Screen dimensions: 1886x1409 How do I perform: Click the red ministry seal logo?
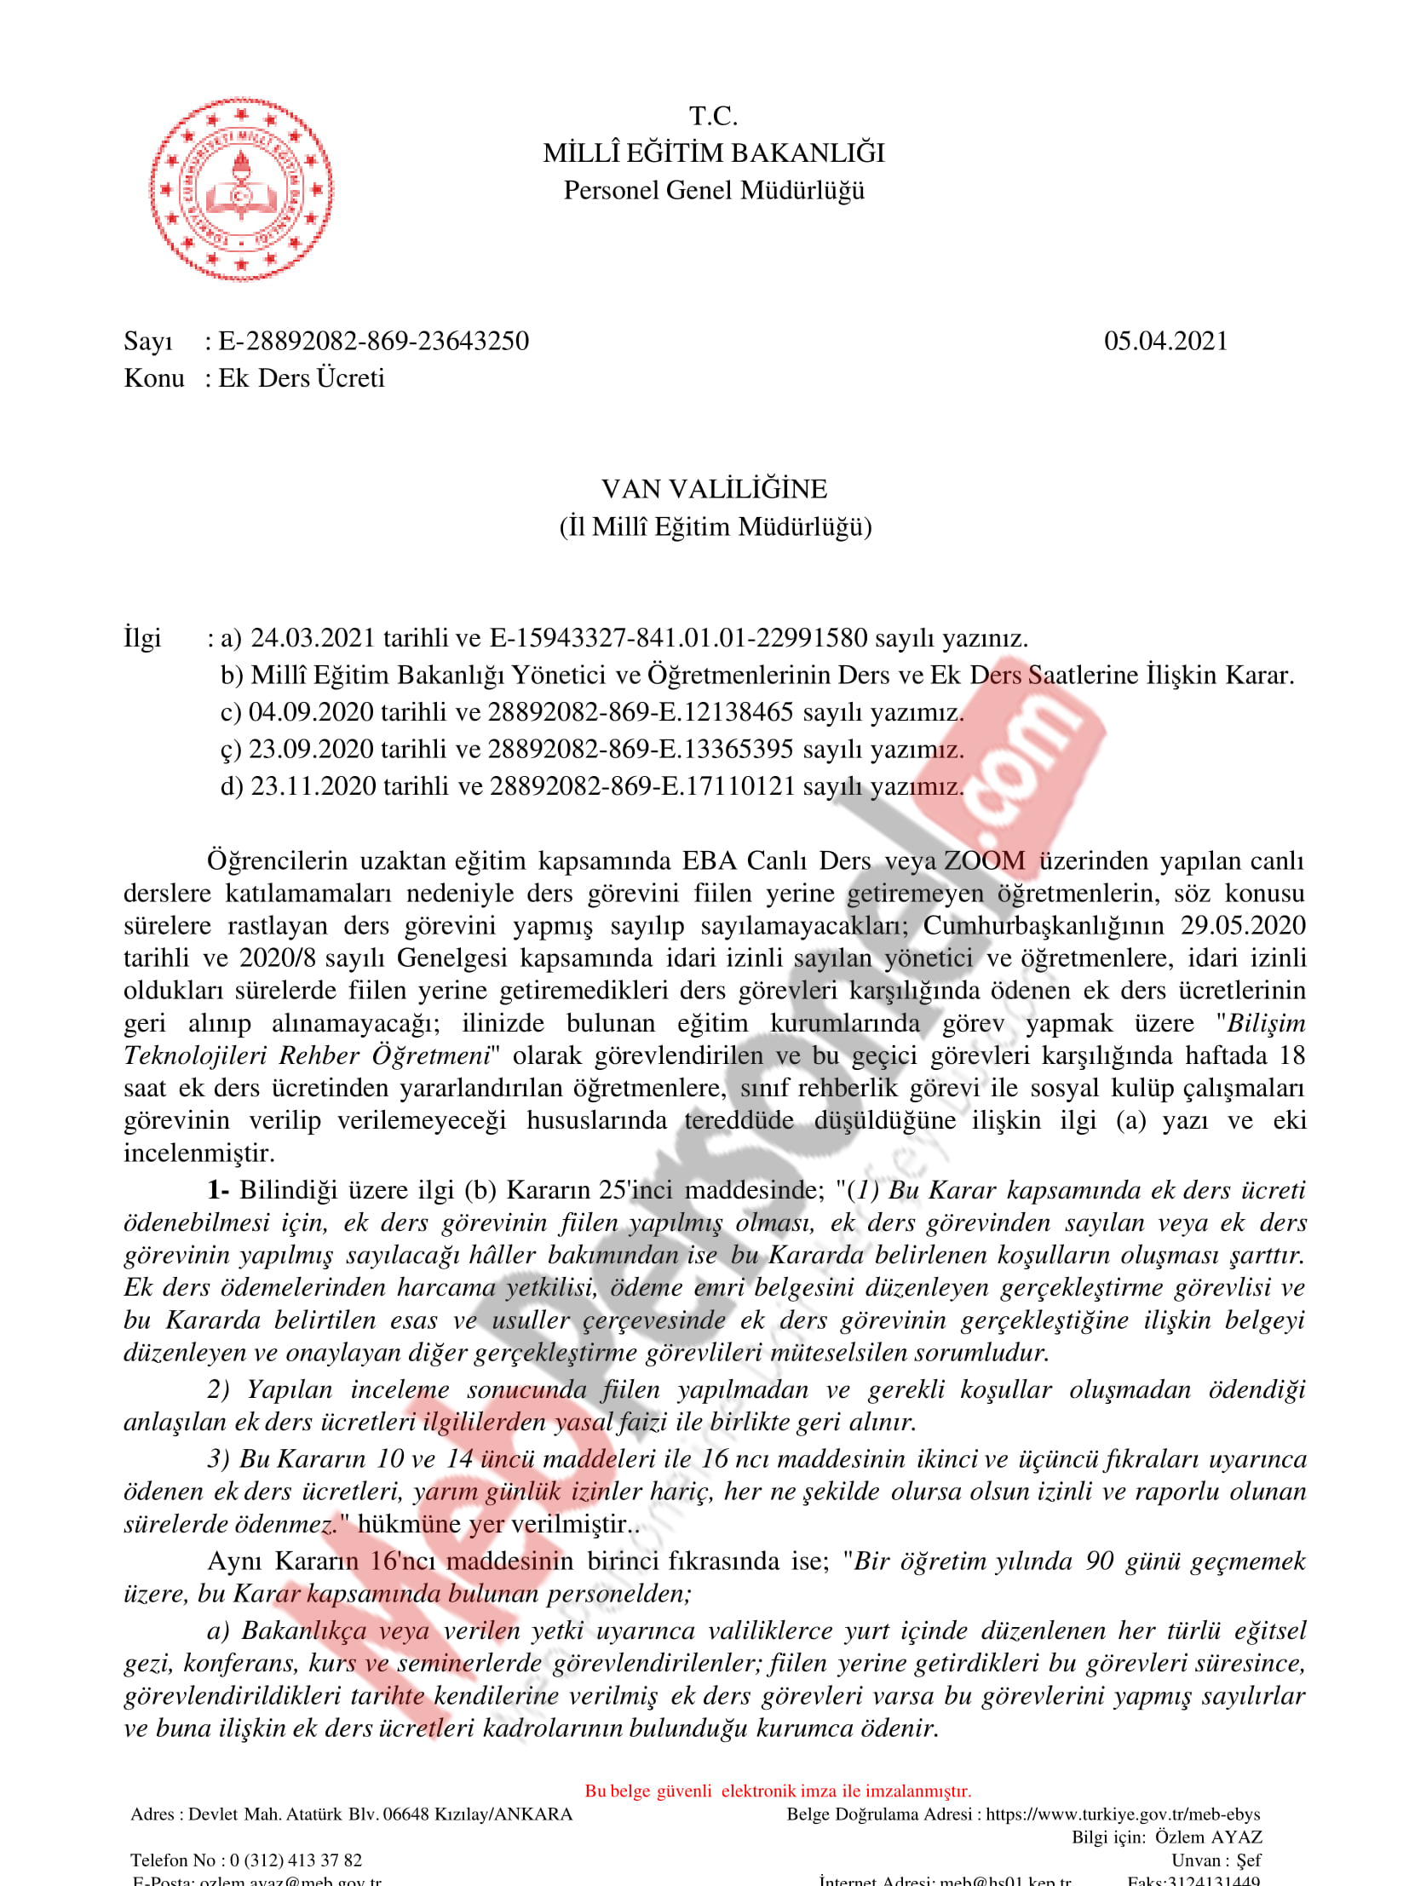coord(241,189)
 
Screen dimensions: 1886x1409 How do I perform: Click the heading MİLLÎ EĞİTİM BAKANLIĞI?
coord(714,153)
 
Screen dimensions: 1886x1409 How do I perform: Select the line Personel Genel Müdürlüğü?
coord(714,190)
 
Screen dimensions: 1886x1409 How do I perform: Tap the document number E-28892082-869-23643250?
coord(373,341)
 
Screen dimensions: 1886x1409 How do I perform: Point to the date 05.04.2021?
coord(1165,341)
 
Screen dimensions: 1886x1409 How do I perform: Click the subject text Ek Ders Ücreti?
coord(301,377)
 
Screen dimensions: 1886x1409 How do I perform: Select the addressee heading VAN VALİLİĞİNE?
coord(714,490)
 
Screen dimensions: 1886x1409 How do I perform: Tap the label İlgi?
coord(142,638)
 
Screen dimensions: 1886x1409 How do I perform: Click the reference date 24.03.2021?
coord(313,638)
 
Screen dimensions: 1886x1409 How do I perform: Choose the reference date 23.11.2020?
coord(313,786)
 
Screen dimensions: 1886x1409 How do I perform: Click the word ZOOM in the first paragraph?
coord(985,861)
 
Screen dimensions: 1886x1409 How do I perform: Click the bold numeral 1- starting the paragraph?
coord(218,1190)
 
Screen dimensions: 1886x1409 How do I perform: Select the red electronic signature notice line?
coord(778,1791)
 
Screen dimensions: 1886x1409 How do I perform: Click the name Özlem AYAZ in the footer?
coord(1208,1837)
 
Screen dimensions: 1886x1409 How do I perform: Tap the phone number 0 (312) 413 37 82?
coord(296,1860)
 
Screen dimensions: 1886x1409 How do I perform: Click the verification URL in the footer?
coord(1123,1814)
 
